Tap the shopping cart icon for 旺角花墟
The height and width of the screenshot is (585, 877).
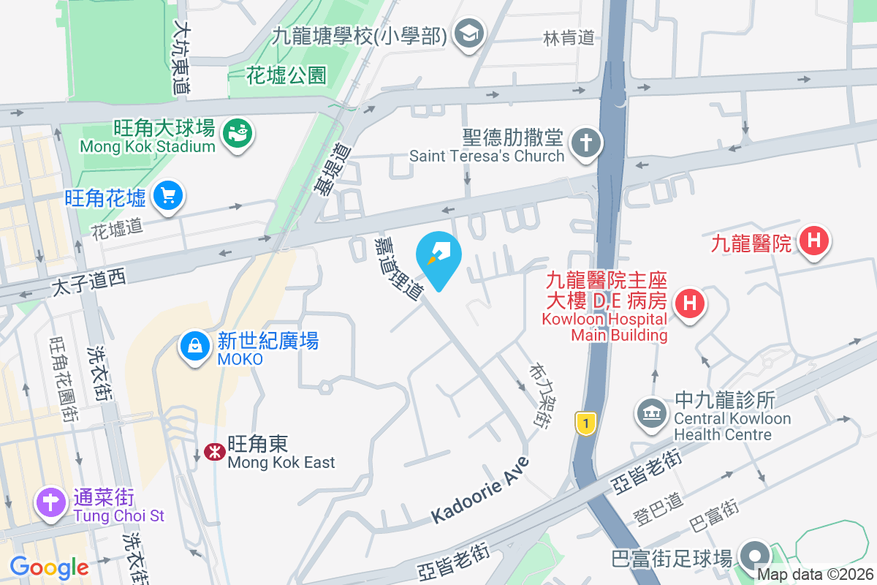169,196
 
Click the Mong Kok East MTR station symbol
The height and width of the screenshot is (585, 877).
214,452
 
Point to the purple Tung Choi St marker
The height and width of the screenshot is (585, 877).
50,503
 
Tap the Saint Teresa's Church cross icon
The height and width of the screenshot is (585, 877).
585,142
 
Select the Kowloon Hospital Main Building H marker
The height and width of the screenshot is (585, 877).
689,302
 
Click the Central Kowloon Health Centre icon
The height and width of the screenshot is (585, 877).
650,413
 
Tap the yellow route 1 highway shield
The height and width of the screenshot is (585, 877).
583,423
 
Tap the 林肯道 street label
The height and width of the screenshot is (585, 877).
569,37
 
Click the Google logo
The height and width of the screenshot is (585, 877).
49,567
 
